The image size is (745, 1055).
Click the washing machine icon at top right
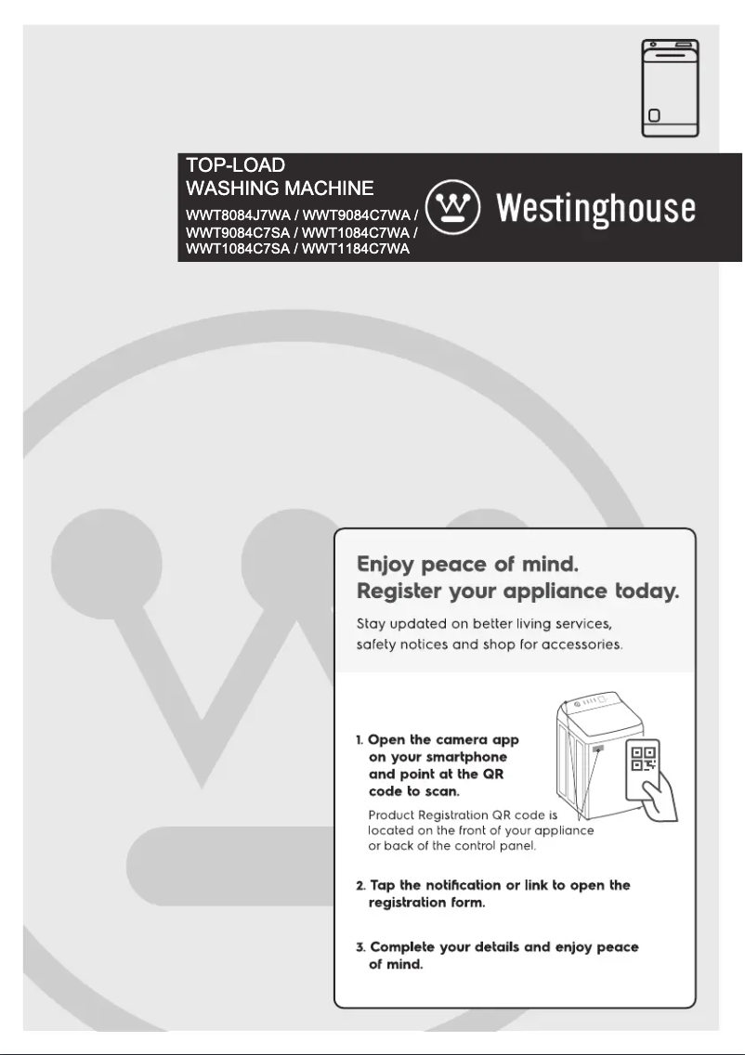[x=670, y=89]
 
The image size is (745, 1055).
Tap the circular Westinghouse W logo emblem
[x=452, y=207]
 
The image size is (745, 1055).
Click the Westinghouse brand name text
[x=595, y=208]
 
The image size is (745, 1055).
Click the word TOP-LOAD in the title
[x=236, y=165]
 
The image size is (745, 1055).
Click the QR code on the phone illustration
[x=644, y=759]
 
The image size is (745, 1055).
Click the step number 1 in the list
[x=359, y=740]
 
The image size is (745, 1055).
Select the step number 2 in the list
[x=360, y=885]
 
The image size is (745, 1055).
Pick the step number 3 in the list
[x=360, y=946]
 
